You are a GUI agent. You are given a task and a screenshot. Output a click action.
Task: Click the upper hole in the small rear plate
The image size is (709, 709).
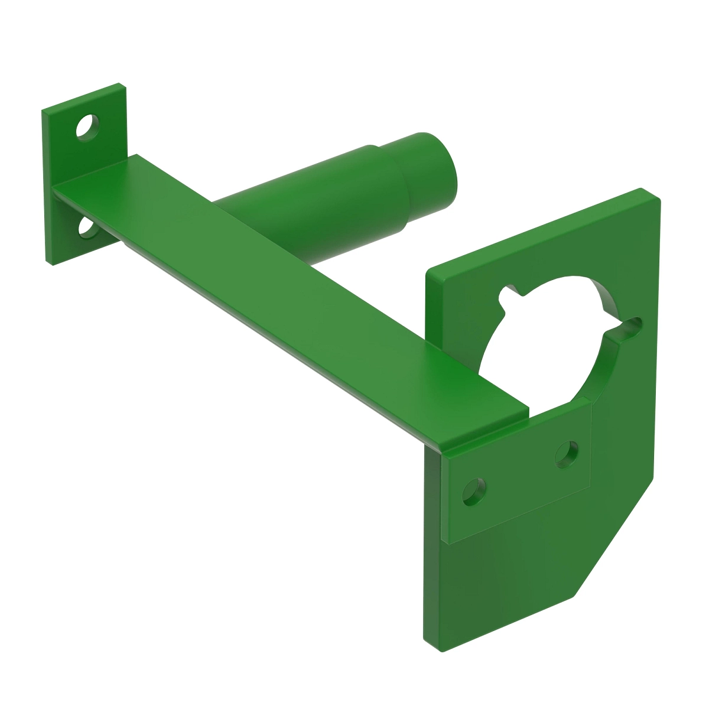[x=87, y=127]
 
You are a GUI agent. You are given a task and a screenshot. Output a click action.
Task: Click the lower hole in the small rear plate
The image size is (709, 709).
[x=87, y=227]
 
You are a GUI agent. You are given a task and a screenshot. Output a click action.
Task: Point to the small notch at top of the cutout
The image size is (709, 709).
[x=506, y=294]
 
